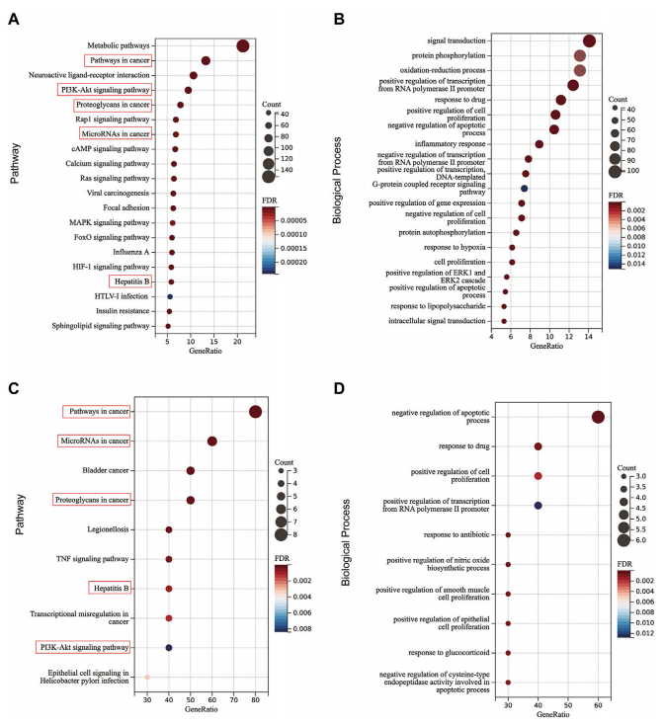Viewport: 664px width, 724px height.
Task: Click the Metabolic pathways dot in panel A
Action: coord(243,45)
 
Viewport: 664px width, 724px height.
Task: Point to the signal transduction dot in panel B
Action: coord(589,40)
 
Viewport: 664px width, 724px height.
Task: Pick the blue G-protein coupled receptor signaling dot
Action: coord(525,188)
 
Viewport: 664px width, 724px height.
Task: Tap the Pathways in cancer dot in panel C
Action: coord(256,412)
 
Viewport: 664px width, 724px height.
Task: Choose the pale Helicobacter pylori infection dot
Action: coord(147,677)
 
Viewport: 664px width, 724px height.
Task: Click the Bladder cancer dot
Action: coord(191,471)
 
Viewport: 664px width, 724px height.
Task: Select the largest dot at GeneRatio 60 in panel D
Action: coord(598,417)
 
